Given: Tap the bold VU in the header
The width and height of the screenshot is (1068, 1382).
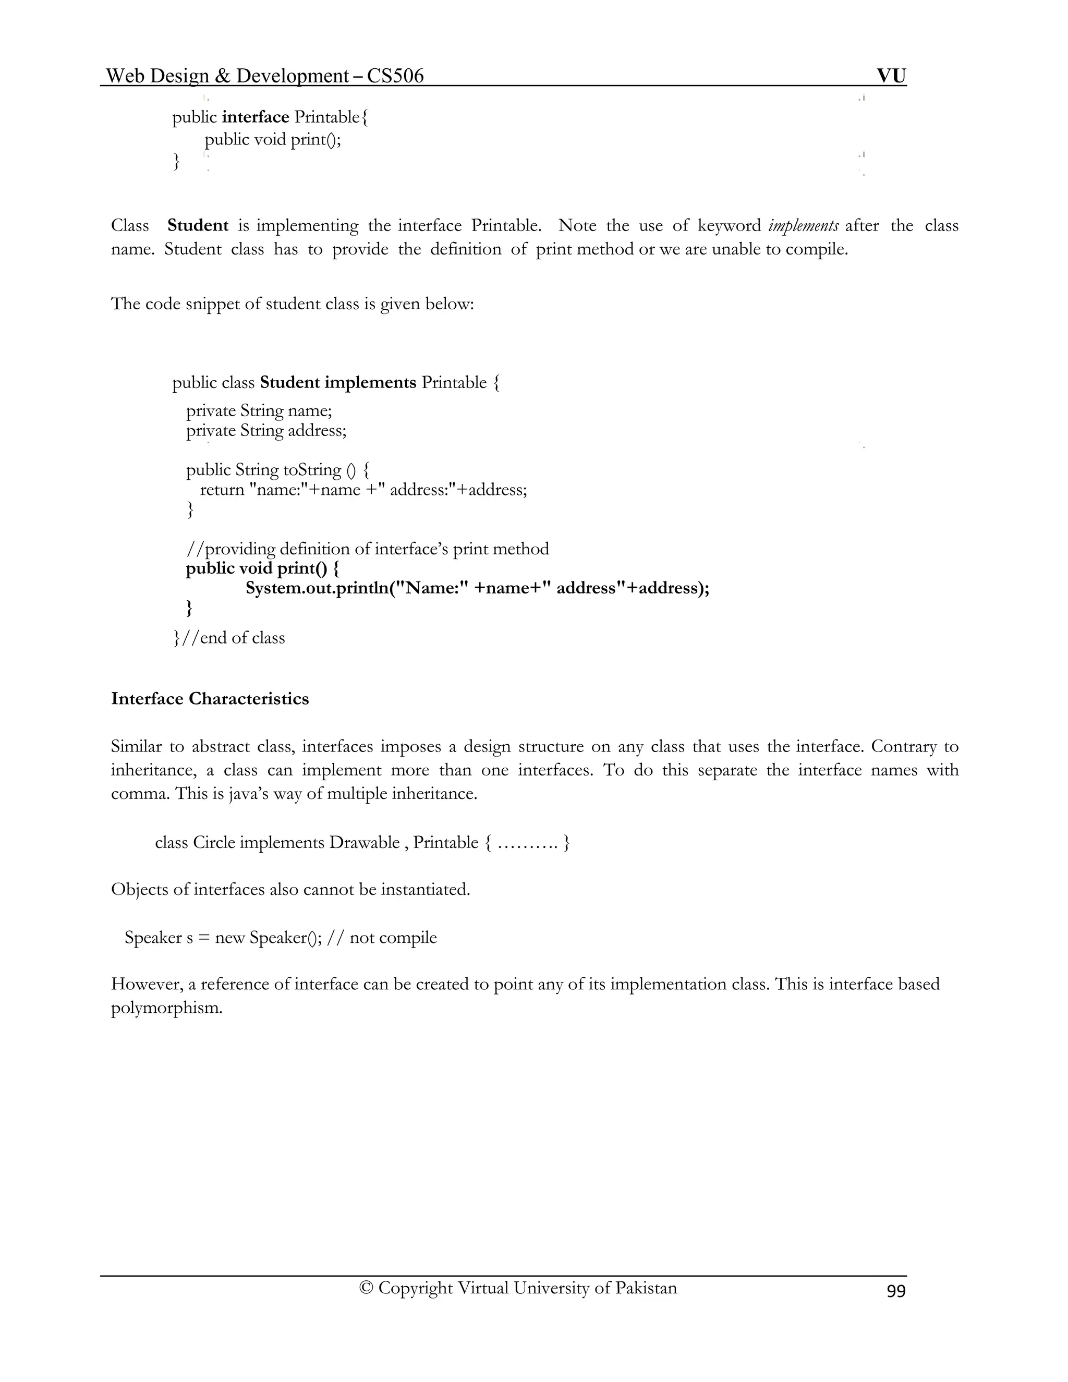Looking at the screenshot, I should click(891, 76).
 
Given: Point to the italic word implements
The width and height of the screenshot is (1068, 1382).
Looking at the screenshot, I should click(803, 226).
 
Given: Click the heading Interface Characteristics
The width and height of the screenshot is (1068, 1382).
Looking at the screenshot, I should click(210, 699).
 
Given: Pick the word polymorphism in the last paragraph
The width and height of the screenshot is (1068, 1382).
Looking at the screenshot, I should click(166, 1008).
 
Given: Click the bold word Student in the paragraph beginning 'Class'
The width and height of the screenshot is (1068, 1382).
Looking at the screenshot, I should click(198, 226).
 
